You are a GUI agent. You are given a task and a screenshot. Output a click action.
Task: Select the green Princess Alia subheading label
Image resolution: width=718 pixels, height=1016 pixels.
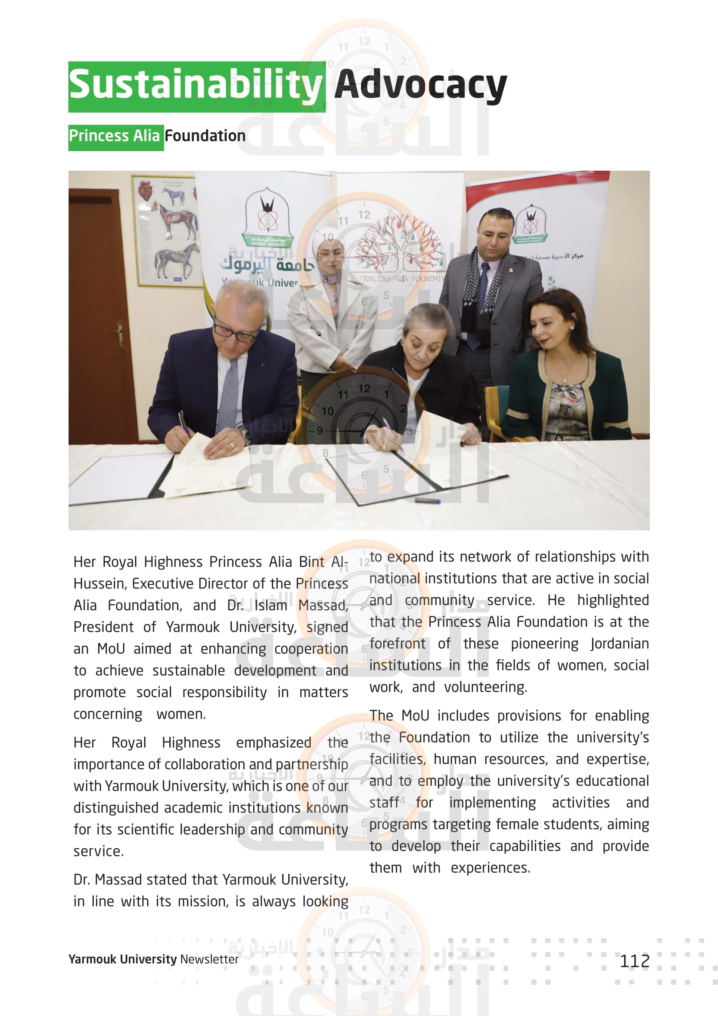(x=115, y=136)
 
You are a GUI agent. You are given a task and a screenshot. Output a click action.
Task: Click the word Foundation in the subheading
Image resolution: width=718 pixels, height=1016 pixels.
(x=205, y=136)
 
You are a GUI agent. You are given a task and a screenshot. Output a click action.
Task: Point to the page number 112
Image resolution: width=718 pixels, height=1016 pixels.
(x=635, y=961)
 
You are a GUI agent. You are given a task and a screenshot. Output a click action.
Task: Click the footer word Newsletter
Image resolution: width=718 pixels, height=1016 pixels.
(x=209, y=960)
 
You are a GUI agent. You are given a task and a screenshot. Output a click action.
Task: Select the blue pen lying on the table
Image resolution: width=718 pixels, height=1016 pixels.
(x=427, y=501)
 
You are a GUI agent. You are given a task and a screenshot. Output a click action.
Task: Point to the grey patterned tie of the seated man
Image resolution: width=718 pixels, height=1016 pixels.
(x=228, y=394)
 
